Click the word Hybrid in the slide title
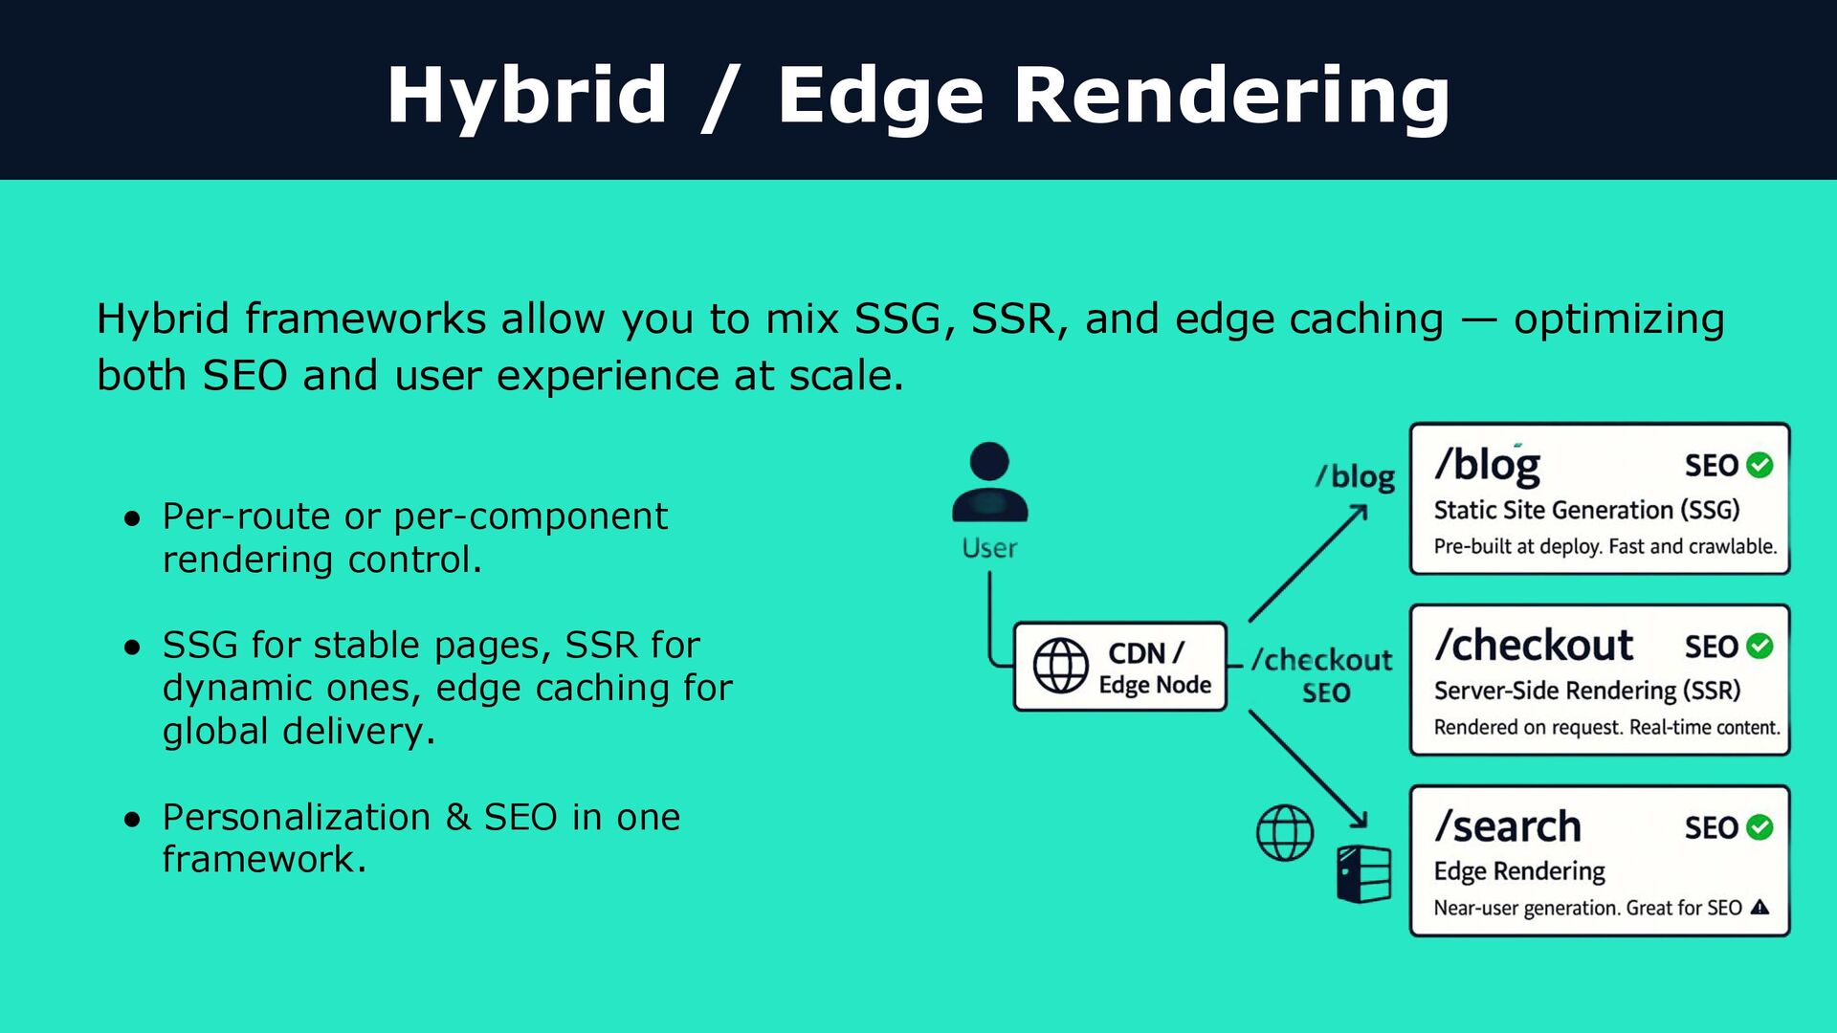tap(526, 96)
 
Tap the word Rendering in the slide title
tap(1231, 96)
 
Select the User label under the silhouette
tap(989, 548)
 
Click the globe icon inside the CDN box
tap(1060, 666)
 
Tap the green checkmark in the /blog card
tap(1760, 465)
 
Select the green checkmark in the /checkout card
tap(1760, 646)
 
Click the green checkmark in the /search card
tap(1760, 827)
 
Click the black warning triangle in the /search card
tap(1760, 908)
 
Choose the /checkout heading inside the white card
tap(1534, 646)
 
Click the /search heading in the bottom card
tap(1508, 827)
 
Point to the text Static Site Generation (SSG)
tap(1586, 510)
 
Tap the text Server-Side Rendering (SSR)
tap(1586, 691)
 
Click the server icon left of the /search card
tap(1363, 874)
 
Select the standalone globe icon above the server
tap(1284, 832)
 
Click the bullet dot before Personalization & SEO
tap(133, 819)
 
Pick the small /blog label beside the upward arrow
tap(1355, 476)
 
